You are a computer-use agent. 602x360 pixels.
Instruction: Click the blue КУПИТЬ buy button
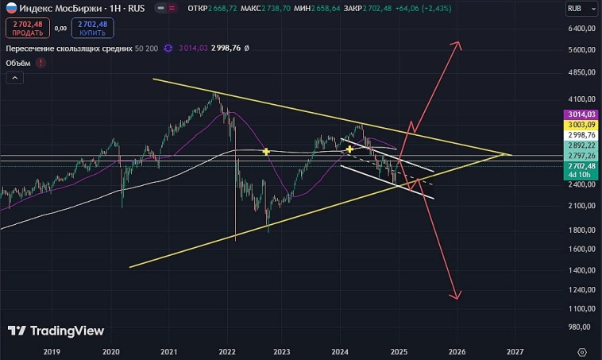[x=92, y=29]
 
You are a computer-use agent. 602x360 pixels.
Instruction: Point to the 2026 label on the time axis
[x=457, y=350]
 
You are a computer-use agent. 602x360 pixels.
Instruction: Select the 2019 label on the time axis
[x=52, y=350]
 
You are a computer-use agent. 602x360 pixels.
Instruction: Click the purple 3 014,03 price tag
[x=583, y=114]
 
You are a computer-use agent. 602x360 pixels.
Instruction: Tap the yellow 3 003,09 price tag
[x=583, y=125]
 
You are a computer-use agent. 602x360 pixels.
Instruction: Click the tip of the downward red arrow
[x=456, y=299]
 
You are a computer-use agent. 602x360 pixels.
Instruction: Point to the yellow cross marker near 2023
[x=267, y=151]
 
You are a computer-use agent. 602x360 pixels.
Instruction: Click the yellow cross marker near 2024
[x=349, y=149]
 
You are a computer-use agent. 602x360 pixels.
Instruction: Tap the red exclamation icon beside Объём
[x=41, y=63]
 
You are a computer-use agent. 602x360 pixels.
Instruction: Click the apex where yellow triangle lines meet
[x=510, y=154]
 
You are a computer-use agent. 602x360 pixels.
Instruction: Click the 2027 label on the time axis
[x=515, y=350]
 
